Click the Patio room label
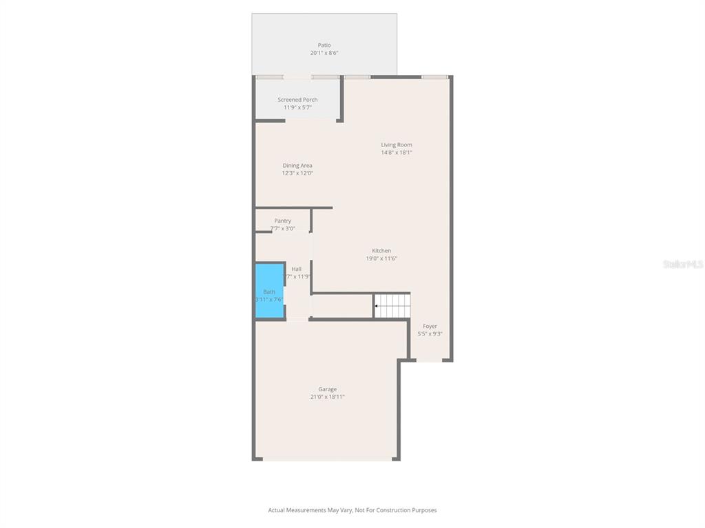pos(324,45)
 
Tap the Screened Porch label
pos(297,100)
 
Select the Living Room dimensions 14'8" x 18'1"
pos(397,153)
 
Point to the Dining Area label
pos(297,166)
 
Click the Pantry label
pos(282,221)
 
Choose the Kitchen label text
pos(381,251)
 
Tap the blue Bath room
pos(270,291)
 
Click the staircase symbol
pos(392,305)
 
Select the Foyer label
pos(430,327)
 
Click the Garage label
pos(327,389)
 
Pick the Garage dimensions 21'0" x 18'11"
pos(327,397)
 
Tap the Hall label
pos(296,269)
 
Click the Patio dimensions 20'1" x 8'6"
pos(324,53)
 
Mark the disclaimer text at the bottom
pos(352,510)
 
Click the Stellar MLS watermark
pos(683,264)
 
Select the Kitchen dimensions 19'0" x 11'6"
pos(381,258)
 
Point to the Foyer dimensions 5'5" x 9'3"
pos(430,334)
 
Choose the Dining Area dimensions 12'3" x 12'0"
pos(297,173)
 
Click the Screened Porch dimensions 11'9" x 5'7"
pos(297,107)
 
